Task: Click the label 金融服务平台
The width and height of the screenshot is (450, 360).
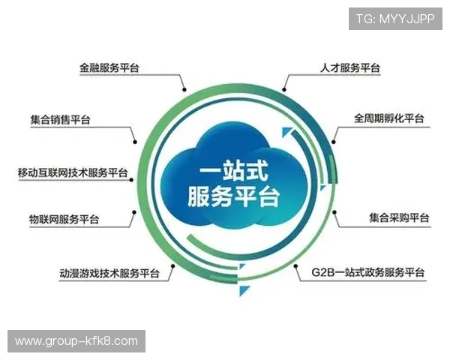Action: [109, 67]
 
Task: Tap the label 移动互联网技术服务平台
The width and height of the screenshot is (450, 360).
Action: [73, 173]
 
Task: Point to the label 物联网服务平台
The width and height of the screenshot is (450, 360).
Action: [63, 220]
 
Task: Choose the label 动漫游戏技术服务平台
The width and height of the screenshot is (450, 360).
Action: [109, 272]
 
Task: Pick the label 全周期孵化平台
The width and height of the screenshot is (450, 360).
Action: [388, 118]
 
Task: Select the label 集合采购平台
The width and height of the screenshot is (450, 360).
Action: [398, 218]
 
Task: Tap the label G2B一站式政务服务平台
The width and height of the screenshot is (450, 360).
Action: [367, 271]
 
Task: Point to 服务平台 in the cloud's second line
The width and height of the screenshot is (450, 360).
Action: [233, 197]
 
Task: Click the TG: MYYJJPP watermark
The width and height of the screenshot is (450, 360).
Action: [395, 19]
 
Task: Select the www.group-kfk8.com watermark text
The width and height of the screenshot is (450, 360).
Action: [76, 341]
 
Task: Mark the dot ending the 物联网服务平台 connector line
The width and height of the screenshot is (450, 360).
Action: [134, 212]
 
